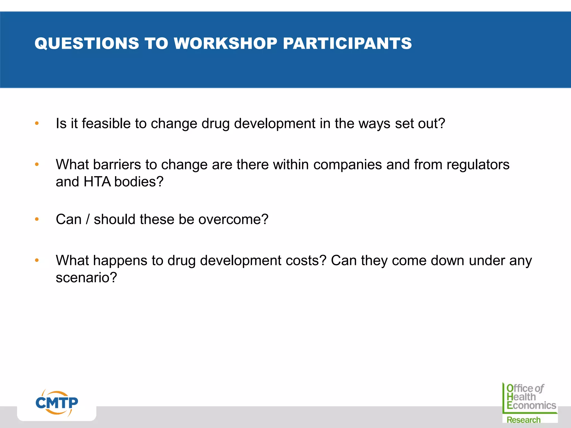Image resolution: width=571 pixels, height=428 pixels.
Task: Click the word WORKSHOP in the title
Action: (x=225, y=43)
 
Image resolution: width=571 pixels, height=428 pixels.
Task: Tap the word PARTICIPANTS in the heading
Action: (x=347, y=43)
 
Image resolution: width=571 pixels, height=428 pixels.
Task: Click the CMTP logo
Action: (x=57, y=403)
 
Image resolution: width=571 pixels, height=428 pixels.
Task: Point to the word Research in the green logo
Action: (x=523, y=420)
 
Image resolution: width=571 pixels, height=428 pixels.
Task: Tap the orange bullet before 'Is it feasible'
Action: (x=37, y=123)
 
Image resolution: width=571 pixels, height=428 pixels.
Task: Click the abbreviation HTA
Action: (x=97, y=182)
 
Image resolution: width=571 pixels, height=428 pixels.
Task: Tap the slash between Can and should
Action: (x=88, y=219)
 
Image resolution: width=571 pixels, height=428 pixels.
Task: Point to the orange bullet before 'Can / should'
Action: (x=37, y=219)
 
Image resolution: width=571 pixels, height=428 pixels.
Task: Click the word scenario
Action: (x=86, y=278)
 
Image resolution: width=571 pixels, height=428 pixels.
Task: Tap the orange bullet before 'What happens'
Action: (x=37, y=261)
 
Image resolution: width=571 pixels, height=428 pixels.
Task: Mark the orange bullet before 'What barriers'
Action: (x=37, y=164)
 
